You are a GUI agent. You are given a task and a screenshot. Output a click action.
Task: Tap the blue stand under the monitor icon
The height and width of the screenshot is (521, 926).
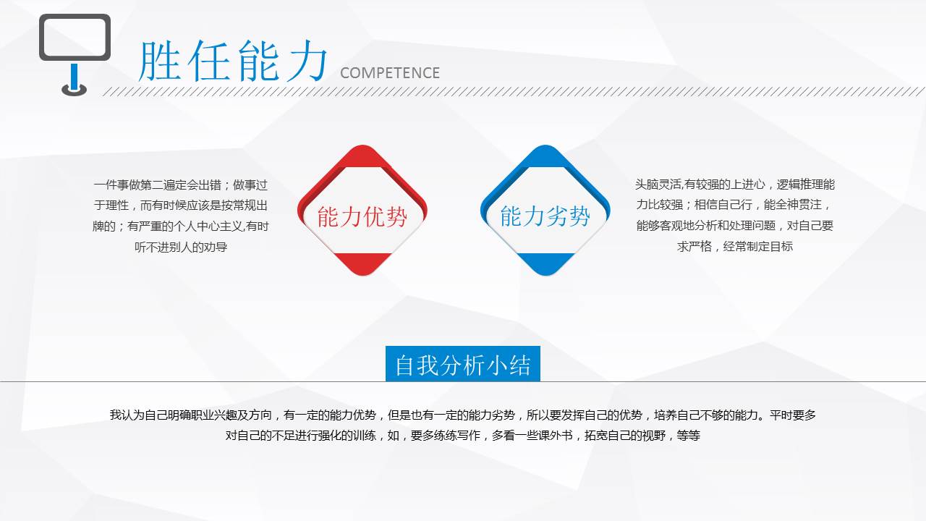(74, 78)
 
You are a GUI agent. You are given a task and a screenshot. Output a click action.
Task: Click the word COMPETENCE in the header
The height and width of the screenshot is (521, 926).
(389, 73)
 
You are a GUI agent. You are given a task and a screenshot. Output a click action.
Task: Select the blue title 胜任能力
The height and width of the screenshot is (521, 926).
(233, 61)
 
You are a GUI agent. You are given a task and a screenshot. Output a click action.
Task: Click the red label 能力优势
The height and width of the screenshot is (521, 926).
(362, 216)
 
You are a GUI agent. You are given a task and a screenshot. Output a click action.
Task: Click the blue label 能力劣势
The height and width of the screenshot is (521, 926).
(545, 216)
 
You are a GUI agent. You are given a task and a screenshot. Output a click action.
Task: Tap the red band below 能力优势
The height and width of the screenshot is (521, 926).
(362, 261)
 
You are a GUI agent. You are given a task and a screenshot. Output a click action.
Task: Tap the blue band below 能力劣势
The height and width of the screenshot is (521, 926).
(545, 261)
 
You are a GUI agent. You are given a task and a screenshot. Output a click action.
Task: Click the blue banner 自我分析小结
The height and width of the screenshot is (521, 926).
(462, 365)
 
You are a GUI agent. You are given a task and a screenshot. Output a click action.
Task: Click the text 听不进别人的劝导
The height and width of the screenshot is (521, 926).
(181, 247)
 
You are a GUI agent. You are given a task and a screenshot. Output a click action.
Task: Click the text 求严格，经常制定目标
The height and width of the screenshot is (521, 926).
(735, 247)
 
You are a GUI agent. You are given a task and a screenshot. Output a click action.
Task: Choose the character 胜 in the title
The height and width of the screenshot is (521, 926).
(158, 61)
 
